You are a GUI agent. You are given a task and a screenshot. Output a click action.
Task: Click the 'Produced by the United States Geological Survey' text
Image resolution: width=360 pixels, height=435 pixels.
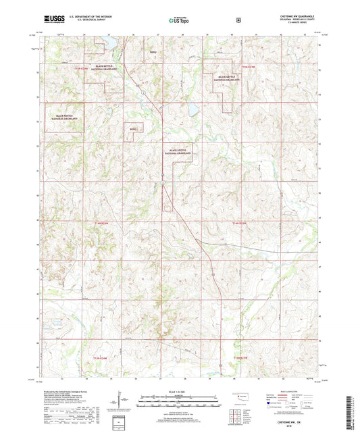(x=76, y=392)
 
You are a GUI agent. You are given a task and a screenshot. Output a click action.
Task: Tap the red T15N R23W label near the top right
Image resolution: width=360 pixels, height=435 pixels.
(x=248, y=66)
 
